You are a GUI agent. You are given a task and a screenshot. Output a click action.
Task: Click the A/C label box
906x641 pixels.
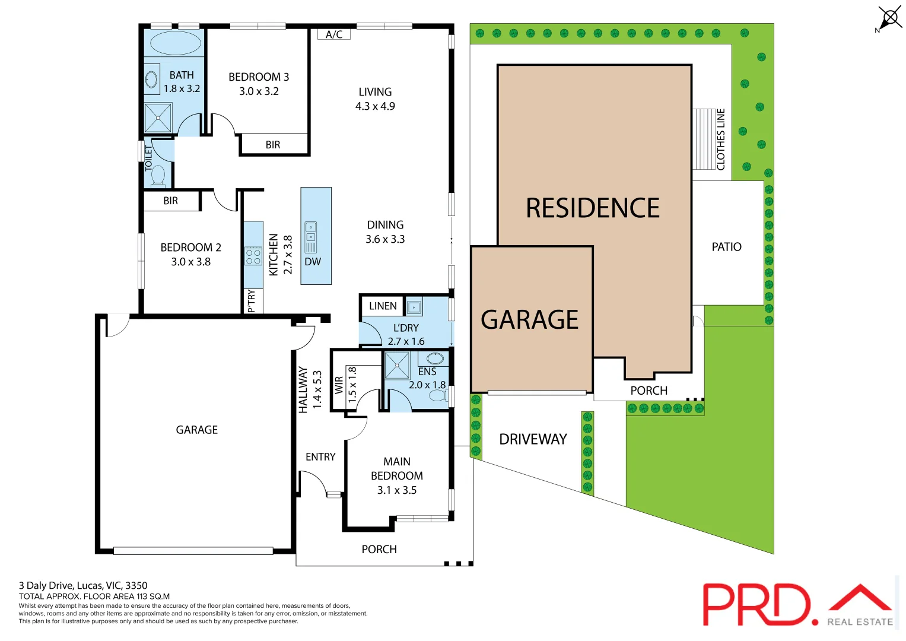pyautogui.click(x=334, y=34)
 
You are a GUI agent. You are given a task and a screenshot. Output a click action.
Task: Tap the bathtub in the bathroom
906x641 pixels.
pyautogui.click(x=176, y=43)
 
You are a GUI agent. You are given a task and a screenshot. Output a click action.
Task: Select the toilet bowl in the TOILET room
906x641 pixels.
pyautogui.click(x=158, y=176)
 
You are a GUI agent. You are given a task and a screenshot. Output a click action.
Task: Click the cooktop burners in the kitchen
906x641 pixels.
pyautogui.click(x=253, y=256)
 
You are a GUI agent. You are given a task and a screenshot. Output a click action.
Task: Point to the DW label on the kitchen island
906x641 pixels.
pyautogui.click(x=313, y=262)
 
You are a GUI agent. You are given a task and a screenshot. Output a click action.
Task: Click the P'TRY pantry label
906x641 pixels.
pyautogui.click(x=252, y=301)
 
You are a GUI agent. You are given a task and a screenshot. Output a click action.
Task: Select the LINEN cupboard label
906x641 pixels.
pyautogui.click(x=383, y=306)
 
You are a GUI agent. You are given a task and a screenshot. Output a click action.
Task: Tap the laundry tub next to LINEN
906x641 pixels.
pyautogui.click(x=414, y=307)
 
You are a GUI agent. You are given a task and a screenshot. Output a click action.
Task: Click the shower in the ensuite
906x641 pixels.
pyautogui.click(x=396, y=366)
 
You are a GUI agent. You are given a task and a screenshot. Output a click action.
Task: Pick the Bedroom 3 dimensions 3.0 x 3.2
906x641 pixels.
pyautogui.click(x=259, y=91)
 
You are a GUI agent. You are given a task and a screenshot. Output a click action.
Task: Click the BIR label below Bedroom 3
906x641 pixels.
pyautogui.click(x=273, y=145)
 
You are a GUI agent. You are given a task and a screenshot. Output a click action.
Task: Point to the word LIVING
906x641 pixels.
pyautogui.click(x=375, y=92)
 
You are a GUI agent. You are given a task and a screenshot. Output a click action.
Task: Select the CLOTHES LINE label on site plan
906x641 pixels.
pyautogui.click(x=721, y=139)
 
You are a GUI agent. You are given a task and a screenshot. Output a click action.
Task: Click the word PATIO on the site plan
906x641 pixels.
pyautogui.click(x=726, y=247)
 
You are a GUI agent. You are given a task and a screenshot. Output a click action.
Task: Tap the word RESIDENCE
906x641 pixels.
pyautogui.click(x=593, y=208)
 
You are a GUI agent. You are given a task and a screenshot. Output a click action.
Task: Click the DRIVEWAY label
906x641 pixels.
pyautogui.click(x=533, y=439)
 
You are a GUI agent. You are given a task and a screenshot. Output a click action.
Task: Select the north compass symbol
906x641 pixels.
pyautogui.click(x=889, y=18)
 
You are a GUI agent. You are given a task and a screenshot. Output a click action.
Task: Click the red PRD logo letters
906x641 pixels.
pyautogui.click(x=756, y=604)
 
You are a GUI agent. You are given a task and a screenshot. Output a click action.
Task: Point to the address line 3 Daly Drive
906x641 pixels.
pyautogui.click(x=83, y=585)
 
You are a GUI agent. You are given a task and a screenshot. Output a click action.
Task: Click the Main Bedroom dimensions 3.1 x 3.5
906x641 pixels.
pyautogui.click(x=397, y=490)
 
